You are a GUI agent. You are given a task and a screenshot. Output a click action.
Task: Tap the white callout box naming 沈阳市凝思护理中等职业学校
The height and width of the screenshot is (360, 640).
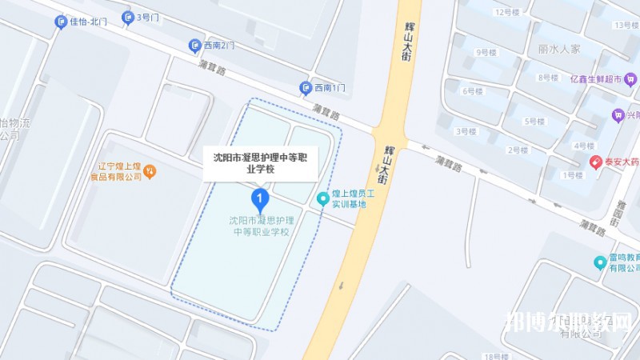260,163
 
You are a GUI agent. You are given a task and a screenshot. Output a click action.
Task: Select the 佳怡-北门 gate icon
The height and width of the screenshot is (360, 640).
61,22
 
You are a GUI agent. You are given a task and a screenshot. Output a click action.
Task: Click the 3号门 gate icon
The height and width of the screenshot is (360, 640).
128,17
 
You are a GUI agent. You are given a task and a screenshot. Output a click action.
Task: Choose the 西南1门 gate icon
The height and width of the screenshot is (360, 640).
305,87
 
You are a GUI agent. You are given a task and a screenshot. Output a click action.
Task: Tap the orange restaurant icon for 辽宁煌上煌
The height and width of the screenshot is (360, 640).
150,170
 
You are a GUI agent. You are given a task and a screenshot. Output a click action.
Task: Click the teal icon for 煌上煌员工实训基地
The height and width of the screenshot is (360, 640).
323,198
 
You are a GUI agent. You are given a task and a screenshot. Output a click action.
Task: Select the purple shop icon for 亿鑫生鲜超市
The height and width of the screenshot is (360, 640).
630,78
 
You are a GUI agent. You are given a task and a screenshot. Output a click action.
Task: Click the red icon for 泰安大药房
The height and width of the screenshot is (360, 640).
596,162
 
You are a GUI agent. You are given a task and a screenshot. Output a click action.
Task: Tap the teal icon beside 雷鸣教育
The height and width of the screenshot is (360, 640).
599,262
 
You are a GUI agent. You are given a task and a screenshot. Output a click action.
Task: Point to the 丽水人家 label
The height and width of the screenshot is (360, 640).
559,49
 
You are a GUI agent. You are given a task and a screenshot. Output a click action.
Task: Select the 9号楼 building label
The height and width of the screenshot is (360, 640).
486,53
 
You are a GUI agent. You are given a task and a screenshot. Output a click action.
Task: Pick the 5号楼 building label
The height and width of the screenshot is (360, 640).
534,122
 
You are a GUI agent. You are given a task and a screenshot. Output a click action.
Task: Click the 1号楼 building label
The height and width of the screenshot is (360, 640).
573,174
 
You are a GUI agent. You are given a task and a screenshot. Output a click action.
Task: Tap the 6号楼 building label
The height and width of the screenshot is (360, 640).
473,91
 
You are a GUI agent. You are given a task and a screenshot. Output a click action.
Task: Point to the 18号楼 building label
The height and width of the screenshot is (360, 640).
496,355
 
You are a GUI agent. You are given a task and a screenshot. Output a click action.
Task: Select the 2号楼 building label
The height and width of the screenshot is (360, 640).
518,150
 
